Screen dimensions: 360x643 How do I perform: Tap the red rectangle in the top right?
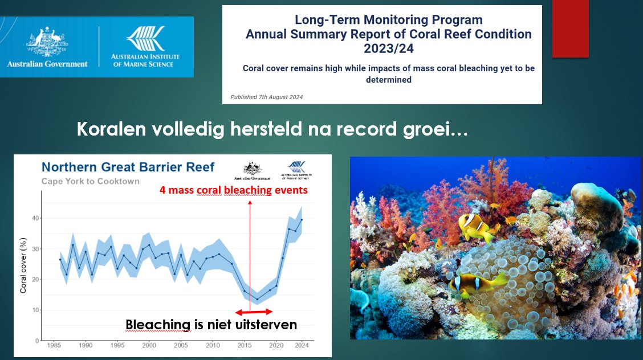[570, 28]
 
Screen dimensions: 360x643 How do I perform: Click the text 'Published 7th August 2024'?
[266, 97]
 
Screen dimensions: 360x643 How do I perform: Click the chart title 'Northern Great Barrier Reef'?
[128, 167]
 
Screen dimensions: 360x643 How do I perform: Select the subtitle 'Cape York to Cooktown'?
[90, 181]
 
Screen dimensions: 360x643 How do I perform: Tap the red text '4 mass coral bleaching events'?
[234, 190]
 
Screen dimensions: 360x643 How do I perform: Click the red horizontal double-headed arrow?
[254, 312]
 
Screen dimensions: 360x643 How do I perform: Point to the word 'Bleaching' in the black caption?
[158, 325]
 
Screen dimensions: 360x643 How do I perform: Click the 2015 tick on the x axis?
[244, 346]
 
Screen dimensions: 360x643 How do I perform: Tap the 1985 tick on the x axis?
[54, 346]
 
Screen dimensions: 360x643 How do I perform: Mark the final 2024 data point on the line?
[301, 220]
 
